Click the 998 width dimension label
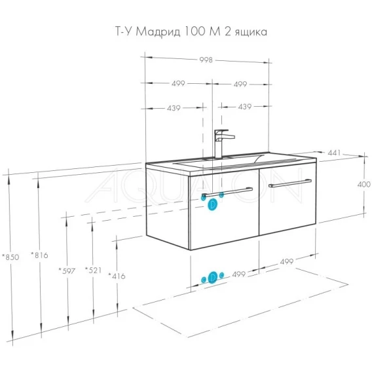206,60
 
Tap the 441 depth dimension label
334,153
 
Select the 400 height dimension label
363,184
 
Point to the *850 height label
10,257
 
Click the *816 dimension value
39,255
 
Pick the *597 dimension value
67,270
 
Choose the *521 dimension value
94,270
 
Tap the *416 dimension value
117,276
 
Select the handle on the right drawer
290,183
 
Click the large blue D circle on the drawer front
212,205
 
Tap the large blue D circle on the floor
213,277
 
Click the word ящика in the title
251,32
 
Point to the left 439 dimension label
174,108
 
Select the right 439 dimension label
244,107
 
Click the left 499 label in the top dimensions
178,84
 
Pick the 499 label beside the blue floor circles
238,274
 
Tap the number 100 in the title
195,31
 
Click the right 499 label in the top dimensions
240,84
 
